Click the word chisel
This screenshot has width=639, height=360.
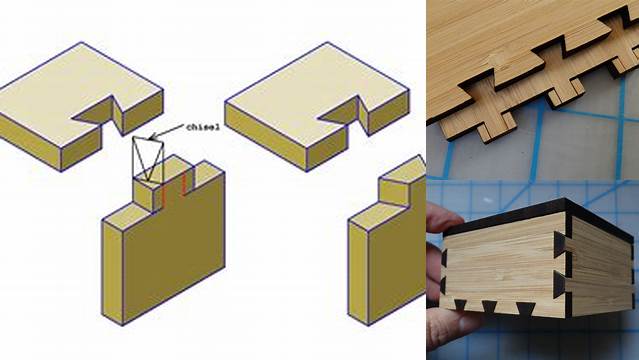(x=203, y=127)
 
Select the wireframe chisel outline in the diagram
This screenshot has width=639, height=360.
(x=148, y=159)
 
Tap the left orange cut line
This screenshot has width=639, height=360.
(x=164, y=194)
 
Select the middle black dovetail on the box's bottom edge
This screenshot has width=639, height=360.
(x=489, y=307)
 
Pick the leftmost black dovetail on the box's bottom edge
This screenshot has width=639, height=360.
(x=460, y=305)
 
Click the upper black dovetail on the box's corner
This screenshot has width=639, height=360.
(x=561, y=246)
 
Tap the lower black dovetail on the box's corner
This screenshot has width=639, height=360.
(x=560, y=284)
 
